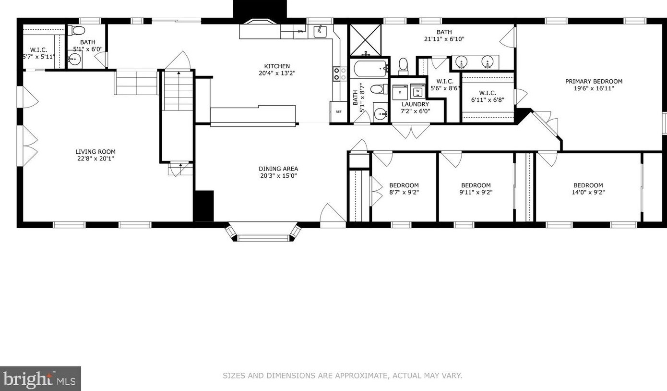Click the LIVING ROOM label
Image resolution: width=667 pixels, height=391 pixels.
[95, 152]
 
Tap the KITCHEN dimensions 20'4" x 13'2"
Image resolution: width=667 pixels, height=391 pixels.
[277, 73]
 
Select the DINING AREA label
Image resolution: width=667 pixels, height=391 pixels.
[278, 169]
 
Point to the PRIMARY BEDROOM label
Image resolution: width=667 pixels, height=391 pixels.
[594, 82]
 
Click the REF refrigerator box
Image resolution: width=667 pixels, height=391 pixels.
[338, 111]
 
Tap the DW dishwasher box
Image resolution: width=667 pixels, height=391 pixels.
[300, 32]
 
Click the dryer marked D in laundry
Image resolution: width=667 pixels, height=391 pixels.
[400, 92]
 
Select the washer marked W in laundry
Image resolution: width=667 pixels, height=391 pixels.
[417, 91]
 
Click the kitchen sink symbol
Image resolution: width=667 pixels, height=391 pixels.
[320, 32]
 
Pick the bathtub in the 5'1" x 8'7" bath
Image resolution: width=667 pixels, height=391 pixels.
[369, 69]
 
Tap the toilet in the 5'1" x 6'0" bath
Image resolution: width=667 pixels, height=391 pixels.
[78, 31]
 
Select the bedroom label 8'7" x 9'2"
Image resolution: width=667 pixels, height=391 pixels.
[404, 185]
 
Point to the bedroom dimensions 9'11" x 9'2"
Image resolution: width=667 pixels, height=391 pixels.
[476, 192]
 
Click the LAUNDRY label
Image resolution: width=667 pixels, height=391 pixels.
[415, 104]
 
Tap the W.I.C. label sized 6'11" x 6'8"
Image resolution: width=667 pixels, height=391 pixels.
[488, 93]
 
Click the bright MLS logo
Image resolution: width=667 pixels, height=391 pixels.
[40, 379]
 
